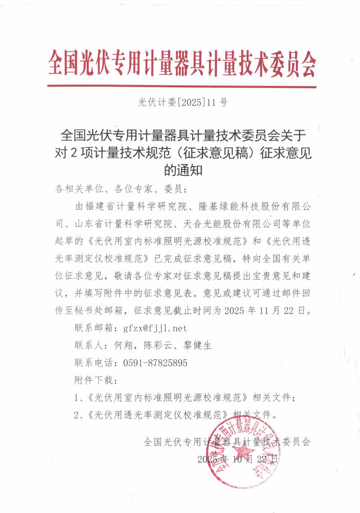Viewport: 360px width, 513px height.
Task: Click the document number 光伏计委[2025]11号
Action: pos(182,103)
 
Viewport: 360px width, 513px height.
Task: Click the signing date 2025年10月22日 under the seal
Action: pos(238,459)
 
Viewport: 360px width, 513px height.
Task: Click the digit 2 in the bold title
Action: pos(73,153)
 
